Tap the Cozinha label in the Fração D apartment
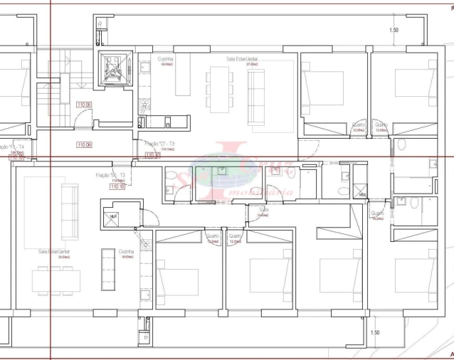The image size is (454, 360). coord(167,60)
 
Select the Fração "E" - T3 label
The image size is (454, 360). coord(111,175)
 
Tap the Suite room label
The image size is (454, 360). coord(263,211)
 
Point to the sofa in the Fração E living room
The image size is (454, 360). coord(69,211)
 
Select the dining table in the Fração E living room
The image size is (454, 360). coord(56,281)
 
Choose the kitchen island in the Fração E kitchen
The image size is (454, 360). coord(108,270)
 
